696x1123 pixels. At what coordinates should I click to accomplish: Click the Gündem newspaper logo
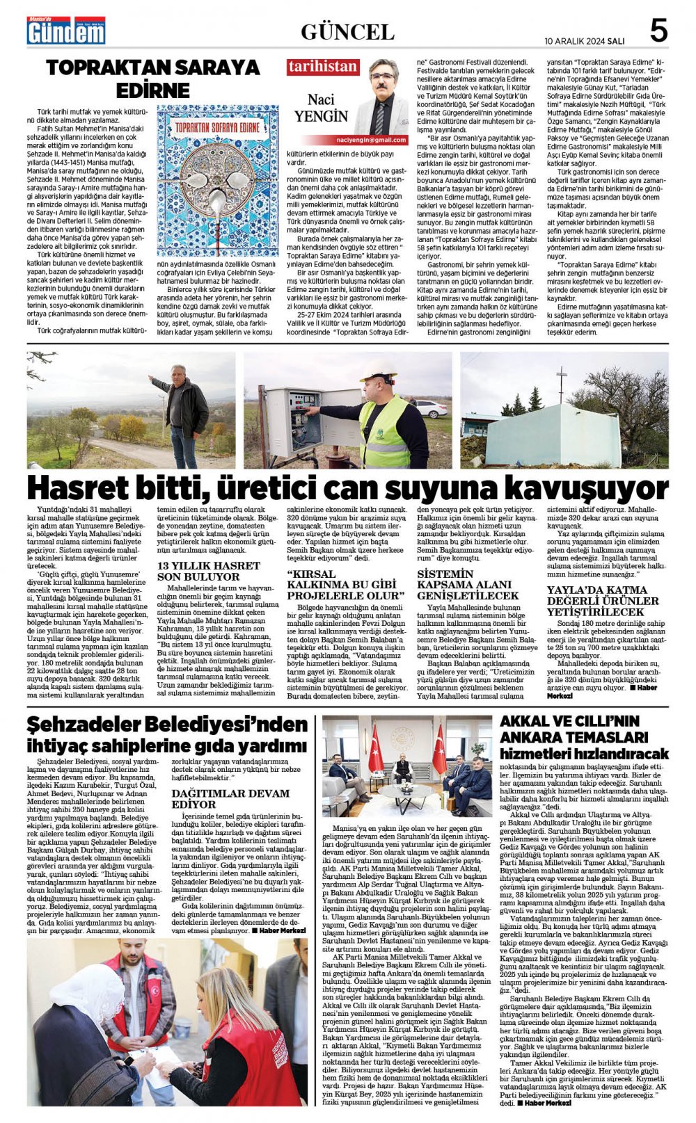(66, 31)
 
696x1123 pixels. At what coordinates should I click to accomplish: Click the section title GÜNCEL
(347, 32)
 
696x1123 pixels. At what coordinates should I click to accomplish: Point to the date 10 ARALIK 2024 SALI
(585, 41)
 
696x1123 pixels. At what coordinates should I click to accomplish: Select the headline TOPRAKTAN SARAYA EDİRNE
(152, 79)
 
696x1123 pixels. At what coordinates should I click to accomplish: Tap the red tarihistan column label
(323, 67)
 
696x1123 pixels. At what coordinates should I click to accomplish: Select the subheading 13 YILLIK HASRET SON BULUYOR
(199, 571)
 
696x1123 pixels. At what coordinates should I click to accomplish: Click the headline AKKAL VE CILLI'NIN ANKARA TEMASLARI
(583, 737)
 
